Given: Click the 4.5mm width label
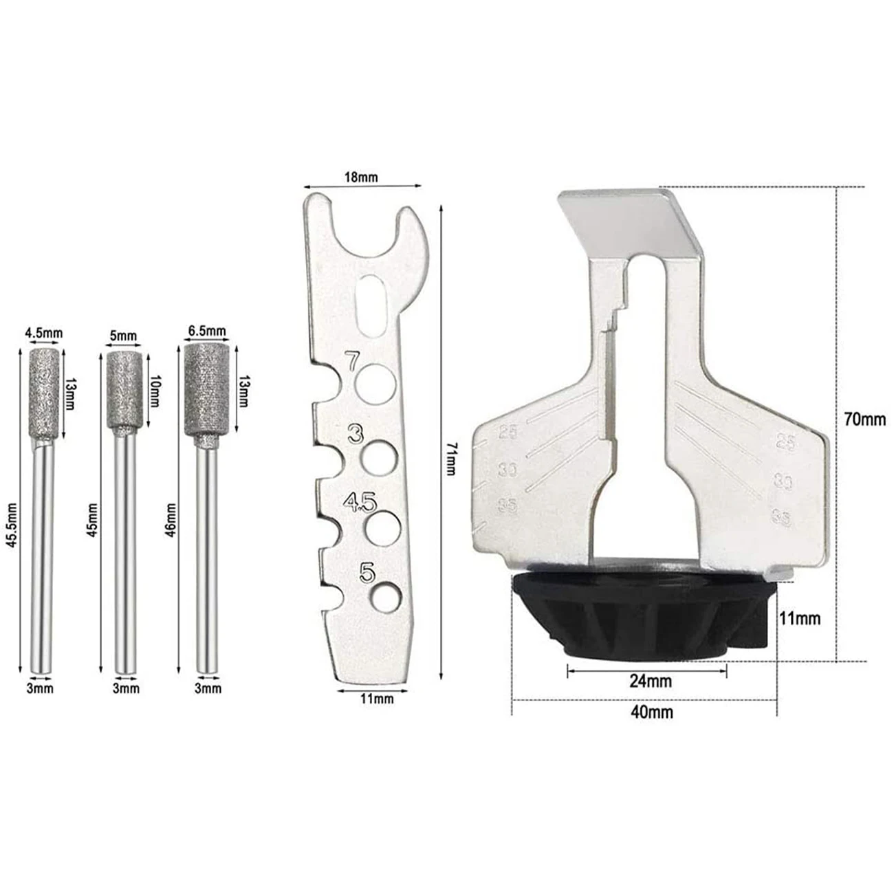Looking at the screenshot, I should pyautogui.click(x=43, y=334).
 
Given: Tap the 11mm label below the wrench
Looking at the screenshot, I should pyautogui.click(x=377, y=699).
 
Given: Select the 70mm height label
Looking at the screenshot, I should pyautogui.click(x=864, y=419).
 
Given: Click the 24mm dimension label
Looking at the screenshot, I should pyautogui.click(x=650, y=682).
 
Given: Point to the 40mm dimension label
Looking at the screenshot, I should pyautogui.click(x=652, y=712).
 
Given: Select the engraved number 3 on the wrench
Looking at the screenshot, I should pyautogui.click(x=356, y=435).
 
